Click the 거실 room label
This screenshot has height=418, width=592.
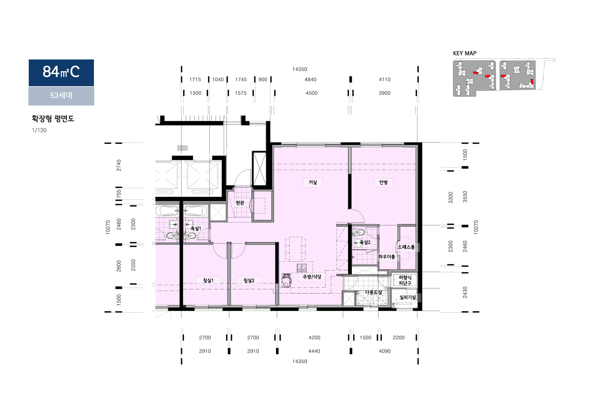pyautogui.click(x=313, y=182)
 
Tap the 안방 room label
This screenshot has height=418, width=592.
pyautogui.click(x=383, y=182)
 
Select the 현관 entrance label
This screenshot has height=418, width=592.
pyautogui.click(x=240, y=203)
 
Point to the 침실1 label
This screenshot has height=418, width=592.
pyautogui.click(x=208, y=280)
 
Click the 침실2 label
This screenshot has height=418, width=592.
pyautogui.click(x=249, y=280)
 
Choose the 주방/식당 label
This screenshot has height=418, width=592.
pyautogui.click(x=312, y=277)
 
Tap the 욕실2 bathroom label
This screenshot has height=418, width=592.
pyautogui.click(x=365, y=242)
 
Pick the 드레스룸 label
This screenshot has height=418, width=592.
pyautogui.click(x=406, y=247)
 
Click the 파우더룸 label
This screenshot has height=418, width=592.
pyautogui.click(x=387, y=257)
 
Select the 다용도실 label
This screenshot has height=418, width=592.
pyautogui.click(x=374, y=292)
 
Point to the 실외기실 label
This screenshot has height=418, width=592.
pyautogui.click(x=408, y=297)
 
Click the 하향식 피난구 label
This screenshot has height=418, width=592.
pyautogui.click(x=405, y=280)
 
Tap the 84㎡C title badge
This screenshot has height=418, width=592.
pyautogui.click(x=61, y=73)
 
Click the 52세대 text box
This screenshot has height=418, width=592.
pyautogui.click(x=61, y=96)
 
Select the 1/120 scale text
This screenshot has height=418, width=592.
pyautogui.click(x=39, y=130)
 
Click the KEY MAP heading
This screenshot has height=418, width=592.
pyautogui.click(x=465, y=53)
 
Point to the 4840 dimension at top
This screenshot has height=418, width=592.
pyautogui.click(x=310, y=80)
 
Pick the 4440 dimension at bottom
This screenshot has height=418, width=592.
pyautogui.click(x=314, y=351)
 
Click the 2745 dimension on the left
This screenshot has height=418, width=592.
pyautogui.click(x=119, y=165)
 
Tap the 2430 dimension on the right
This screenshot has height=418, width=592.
pyautogui.click(x=465, y=292)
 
